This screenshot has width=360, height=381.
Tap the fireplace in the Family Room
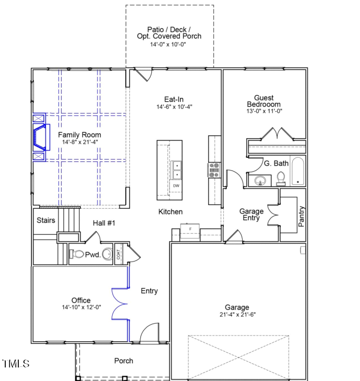[39, 137]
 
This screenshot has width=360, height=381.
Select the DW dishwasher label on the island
[176, 186]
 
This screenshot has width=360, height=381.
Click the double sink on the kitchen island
[177, 170]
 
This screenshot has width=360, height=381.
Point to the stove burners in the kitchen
[214, 171]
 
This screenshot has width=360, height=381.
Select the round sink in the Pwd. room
[107, 255]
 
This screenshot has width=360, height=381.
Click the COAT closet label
[118, 254]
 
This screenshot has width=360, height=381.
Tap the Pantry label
[302, 217]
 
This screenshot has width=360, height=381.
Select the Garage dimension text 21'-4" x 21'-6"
[237, 315]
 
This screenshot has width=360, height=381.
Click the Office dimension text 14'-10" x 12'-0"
[81, 307]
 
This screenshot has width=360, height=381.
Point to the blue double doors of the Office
[121, 303]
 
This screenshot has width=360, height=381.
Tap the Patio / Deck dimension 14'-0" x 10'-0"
[169, 44]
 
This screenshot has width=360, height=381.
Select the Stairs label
[46, 220]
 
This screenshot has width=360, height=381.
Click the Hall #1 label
[104, 223]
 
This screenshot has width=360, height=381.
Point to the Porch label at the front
[124, 361]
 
